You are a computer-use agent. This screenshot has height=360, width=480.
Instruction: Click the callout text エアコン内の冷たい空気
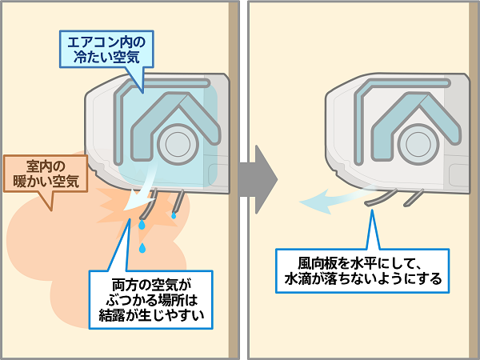[105, 49]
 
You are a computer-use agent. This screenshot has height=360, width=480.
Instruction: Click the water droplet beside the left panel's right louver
[174, 215]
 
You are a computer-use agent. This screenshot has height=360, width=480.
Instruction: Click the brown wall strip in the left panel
[234, 180]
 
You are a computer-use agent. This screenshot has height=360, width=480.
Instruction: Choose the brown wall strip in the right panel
[474, 180]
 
